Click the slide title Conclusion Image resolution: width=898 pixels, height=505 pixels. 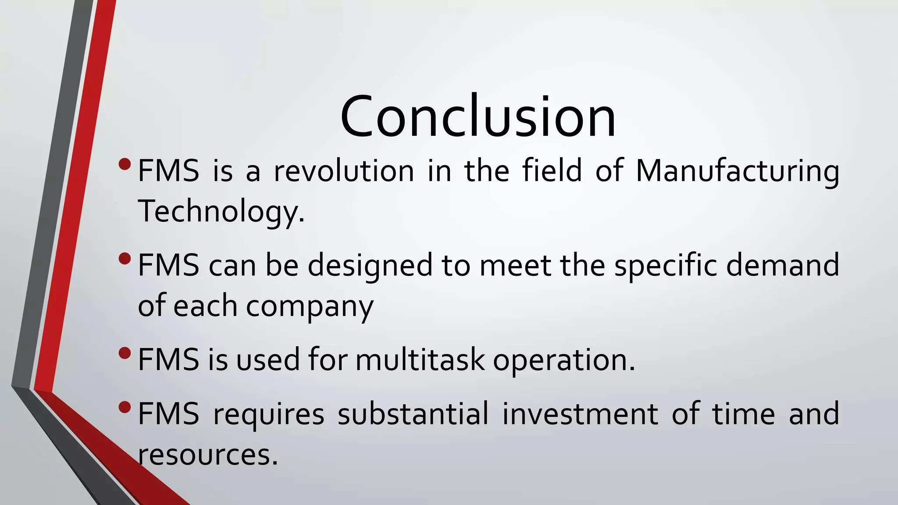tap(478, 117)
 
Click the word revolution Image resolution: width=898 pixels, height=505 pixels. tap(344, 171)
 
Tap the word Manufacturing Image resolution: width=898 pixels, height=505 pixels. tap(737, 171)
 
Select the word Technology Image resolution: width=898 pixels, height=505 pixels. tap(221, 211)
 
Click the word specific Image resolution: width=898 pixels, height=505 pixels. tap(665, 266)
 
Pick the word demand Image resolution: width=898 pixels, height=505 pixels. tap(782, 266)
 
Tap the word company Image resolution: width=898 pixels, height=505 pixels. tap(310, 306)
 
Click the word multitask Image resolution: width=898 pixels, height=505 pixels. tap(420, 360)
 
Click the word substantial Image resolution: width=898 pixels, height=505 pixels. tap(413, 414)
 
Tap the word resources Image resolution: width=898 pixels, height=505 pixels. tap(208, 455)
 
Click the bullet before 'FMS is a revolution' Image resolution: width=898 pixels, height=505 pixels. tap(125, 164)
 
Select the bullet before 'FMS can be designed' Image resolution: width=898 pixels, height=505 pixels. tap(125, 259)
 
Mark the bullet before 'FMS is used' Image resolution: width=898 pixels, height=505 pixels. tap(125, 353)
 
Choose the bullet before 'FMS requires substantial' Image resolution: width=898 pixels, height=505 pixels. tap(125, 407)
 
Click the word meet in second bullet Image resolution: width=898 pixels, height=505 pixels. tap(515, 266)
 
